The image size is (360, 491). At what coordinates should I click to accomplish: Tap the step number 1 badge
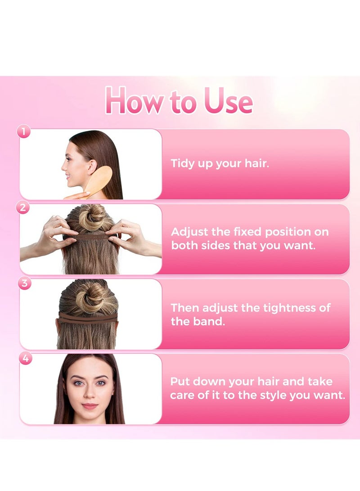point(24,132)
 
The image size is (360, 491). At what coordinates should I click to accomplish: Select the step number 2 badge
point(24,207)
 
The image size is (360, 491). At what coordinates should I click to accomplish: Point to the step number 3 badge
point(24,283)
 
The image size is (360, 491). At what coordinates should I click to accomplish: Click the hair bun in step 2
point(92,217)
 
